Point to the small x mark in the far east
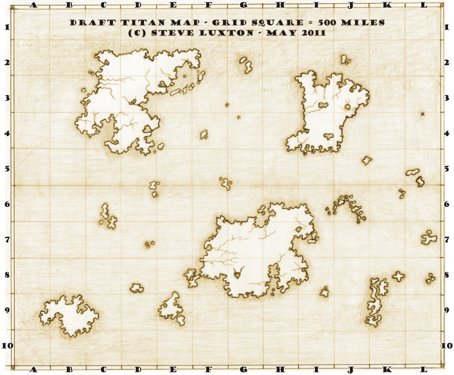(422, 114)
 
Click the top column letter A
(34, 5)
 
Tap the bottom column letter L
(423, 370)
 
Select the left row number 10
(7, 345)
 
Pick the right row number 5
(446, 169)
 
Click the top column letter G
(243, 5)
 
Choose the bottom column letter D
(138, 370)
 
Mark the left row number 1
(7, 27)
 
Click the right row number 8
(446, 275)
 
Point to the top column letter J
(350, 5)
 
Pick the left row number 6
(7, 204)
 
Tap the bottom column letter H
(280, 370)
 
